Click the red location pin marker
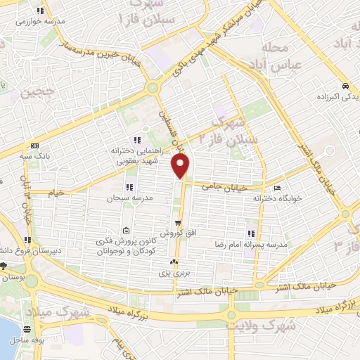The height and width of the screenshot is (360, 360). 181,166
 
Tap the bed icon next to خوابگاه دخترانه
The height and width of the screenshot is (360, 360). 278,188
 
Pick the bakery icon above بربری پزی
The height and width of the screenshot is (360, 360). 172,262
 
